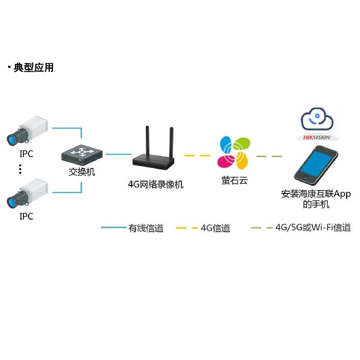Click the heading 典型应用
tap(33, 67)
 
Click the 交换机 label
tap(82, 172)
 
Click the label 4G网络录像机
tap(156, 184)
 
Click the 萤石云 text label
tap(234, 181)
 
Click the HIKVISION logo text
tap(317, 137)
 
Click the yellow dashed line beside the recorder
tap(198, 156)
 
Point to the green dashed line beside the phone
tap(269, 157)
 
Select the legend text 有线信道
tap(146, 229)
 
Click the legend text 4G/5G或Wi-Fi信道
tap(313, 228)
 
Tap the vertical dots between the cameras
tap(20, 169)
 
